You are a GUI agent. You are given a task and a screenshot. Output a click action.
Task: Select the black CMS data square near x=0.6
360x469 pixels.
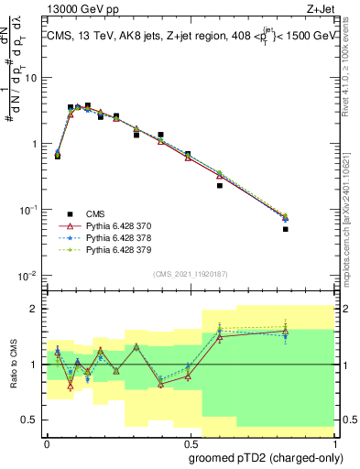[x=220, y=185]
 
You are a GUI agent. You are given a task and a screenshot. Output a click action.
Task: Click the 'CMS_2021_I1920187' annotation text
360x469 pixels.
[x=189, y=274]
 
